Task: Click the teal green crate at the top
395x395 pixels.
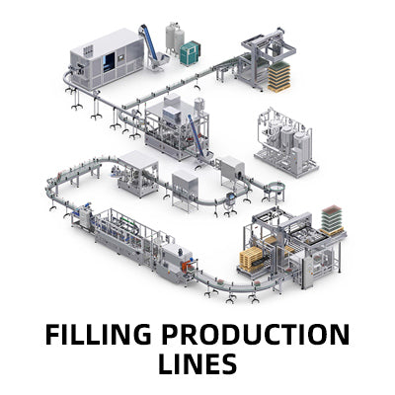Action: click(x=189, y=52)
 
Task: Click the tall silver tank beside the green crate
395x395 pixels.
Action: click(x=174, y=40)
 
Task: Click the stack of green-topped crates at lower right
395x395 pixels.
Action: click(x=332, y=220)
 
